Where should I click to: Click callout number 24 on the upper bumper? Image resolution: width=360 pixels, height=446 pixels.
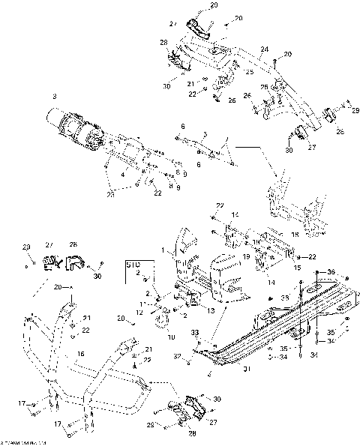click(x=263, y=51)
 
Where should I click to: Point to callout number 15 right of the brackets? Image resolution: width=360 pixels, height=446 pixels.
click(x=296, y=266)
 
